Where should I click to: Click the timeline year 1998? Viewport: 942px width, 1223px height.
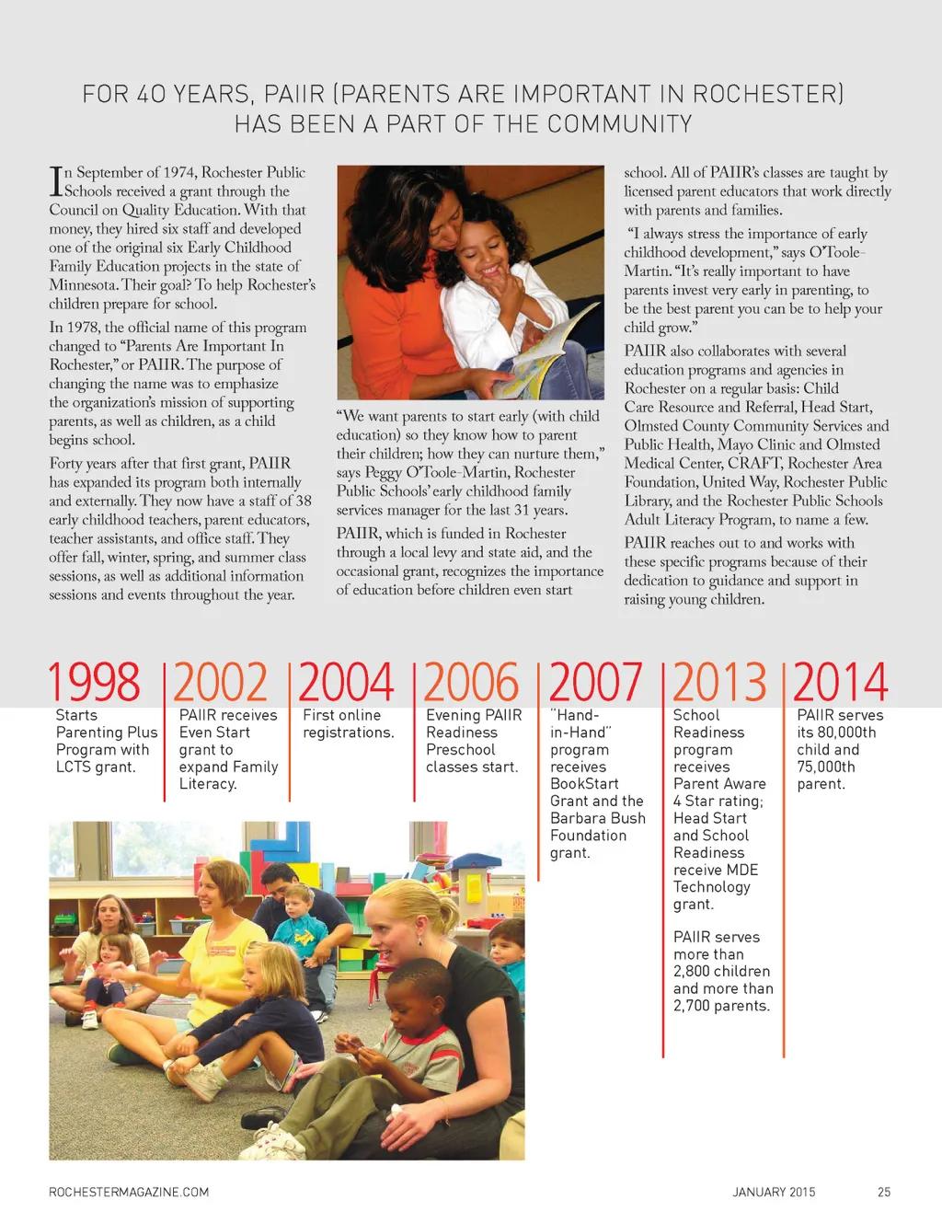pos(95,682)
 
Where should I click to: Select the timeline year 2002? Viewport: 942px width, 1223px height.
pos(221,682)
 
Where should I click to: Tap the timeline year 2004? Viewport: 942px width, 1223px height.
pos(346,682)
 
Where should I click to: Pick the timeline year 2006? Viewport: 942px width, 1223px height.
pos(471,682)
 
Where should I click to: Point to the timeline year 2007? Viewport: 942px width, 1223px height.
pos(596,682)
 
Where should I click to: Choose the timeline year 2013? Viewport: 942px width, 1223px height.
pos(720,682)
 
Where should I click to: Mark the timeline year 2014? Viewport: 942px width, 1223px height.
pos(841,682)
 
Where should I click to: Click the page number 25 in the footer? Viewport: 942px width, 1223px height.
pos(884,1192)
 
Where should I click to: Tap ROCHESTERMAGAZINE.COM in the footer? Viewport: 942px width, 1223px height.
pos(129,1192)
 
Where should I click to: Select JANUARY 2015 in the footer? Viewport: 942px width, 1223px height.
pos(774,1192)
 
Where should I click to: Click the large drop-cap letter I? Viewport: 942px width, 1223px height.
pos(56,181)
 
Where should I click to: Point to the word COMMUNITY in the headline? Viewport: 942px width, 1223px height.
pos(627,123)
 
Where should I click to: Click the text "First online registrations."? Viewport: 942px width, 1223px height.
pos(349,723)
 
